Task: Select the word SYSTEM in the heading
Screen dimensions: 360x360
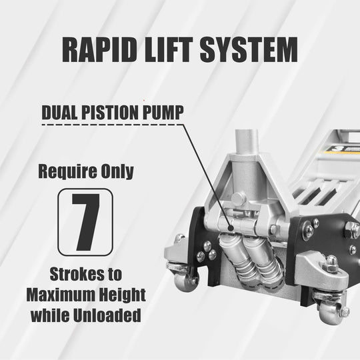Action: pyautogui.click(x=249, y=49)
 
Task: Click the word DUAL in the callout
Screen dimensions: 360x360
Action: pyautogui.click(x=60, y=112)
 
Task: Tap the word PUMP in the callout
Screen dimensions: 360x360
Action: pyautogui.click(x=163, y=112)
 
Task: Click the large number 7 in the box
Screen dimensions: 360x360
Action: pyautogui.click(x=85, y=222)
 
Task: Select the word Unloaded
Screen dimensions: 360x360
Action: pyautogui.click(x=107, y=315)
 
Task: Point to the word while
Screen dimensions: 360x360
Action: pyautogui.click(x=50, y=315)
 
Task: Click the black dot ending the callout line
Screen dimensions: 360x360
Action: pyautogui.click(x=231, y=228)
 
